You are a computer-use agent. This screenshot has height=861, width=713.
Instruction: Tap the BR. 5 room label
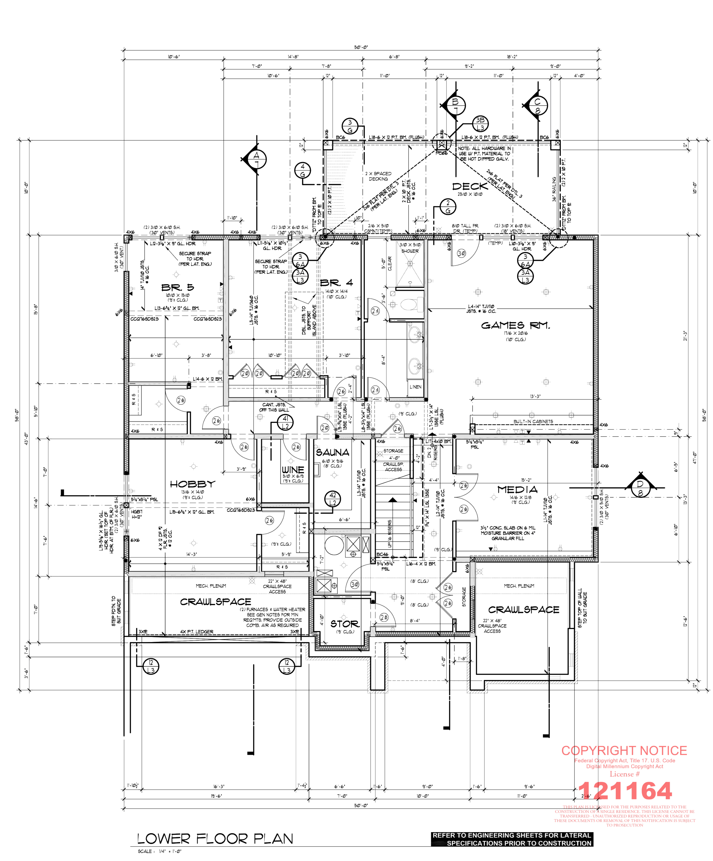(x=177, y=287)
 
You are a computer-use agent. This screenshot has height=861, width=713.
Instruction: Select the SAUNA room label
(x=332, y=453)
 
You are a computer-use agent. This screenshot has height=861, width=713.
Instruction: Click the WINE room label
(x=293, y=470)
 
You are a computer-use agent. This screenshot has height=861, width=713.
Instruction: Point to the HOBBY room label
(x=192, y=484)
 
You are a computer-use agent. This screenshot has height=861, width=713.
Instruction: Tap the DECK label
(x=470, y=187)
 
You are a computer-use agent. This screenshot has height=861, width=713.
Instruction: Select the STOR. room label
(x=344, y=624)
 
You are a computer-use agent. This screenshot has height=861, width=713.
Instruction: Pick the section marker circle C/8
(x=537, y=106)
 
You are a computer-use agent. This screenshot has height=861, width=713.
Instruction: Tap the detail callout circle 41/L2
(x=285, y=422)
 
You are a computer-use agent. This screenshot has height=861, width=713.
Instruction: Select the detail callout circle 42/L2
(x=332, y=499)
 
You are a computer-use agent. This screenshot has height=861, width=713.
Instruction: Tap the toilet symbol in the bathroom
(x=408, y=304)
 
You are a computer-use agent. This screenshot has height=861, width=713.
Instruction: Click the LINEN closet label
(x=415, y=387)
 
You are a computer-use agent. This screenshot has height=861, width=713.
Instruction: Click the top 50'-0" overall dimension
(x=361, y=47)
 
